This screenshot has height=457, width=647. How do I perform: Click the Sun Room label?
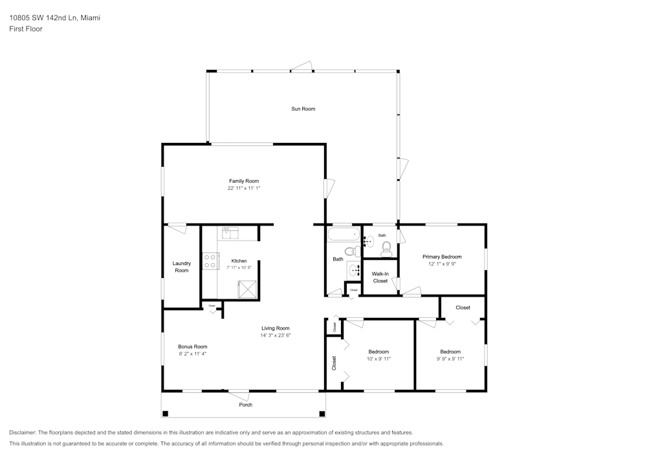click(x=303, y=109)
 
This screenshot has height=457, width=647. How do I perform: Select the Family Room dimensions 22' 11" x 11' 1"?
click(x=243, y=188)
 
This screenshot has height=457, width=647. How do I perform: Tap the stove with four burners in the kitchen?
click(x=210, y=260)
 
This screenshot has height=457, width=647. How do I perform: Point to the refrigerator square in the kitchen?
click(x=247, y=288)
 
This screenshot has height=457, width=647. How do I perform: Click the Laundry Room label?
click(x=182, y=266)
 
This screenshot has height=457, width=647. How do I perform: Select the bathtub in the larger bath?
click(x=343, y=233)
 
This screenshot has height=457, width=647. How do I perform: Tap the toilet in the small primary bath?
click(x=387, y=248)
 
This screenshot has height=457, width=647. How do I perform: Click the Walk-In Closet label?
click(x=380, y=277)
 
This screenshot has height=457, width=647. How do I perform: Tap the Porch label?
click(x=245, y=405)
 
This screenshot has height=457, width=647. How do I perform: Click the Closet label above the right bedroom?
click(x=463, y=308)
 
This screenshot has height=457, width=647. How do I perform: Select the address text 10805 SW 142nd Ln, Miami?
click(x=54, y=18)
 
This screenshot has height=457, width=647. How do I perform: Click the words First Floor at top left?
click(x=26, y=29)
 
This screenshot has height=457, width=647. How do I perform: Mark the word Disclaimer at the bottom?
click(x=23, y=432)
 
